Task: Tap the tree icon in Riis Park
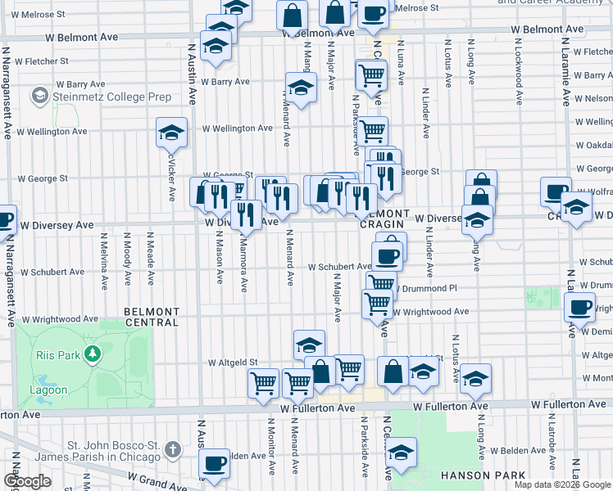(93, 354)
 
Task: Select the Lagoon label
(51, 390)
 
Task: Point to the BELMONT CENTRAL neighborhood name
(151, 317)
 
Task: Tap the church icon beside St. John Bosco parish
(172, 449)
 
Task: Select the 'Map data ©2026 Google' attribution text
(562, 484)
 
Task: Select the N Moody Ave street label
(126, 260)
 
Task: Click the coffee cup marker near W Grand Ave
(216, 462)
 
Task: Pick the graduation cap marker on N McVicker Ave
(172, 132)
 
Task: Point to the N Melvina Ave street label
(104, 260)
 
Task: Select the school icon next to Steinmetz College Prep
(39, 97)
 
